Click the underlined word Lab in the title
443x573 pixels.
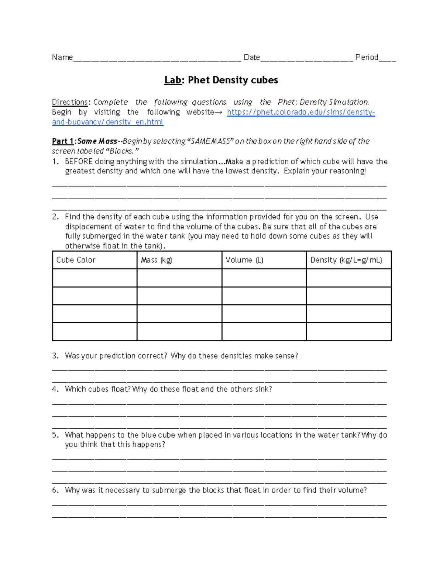173,80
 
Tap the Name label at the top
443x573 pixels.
62,57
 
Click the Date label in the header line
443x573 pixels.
252,57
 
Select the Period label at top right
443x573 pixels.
366,57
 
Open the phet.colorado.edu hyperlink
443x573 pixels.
301,112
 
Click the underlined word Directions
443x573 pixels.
70,102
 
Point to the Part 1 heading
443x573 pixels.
63,141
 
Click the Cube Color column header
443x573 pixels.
76,260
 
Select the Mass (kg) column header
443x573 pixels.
157,260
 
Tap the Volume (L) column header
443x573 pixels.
244,260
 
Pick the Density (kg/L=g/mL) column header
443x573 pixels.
346,260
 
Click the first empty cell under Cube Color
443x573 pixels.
95,278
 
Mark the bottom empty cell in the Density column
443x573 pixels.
348,331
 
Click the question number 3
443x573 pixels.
55,356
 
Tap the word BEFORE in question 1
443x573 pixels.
78,162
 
